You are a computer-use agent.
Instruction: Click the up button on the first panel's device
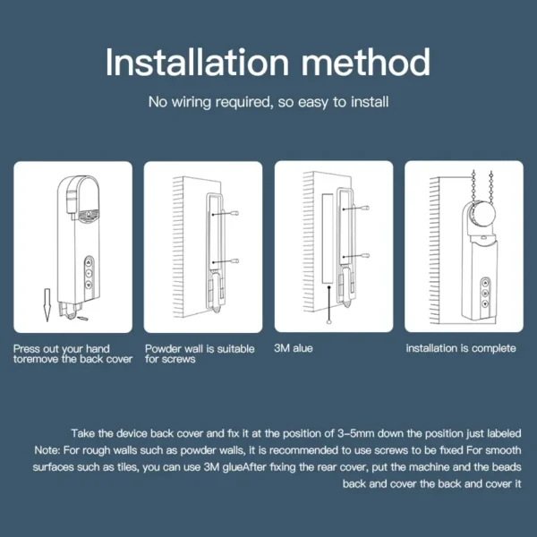tap(89, 265)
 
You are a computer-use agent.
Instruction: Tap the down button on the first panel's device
tap(89, 291)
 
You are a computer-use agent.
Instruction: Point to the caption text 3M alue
tap(293, 348)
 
